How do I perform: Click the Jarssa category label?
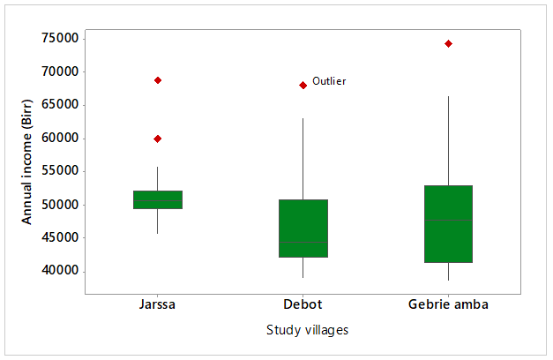tap(158, 305)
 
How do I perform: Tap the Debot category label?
tap(303, 305)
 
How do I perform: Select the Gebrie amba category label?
tap(448, 305)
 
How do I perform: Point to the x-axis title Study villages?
tap(307, 331)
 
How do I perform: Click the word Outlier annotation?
tap(329, 81)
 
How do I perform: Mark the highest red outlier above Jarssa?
tap(158, 80)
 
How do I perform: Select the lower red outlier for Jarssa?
tap(158, 139)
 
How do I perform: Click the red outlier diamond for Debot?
tap(303, 85)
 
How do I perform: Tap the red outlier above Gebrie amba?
tap(448, 43)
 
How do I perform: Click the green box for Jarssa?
tap(158, 199)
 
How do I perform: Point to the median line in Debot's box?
tap(303, 242)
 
